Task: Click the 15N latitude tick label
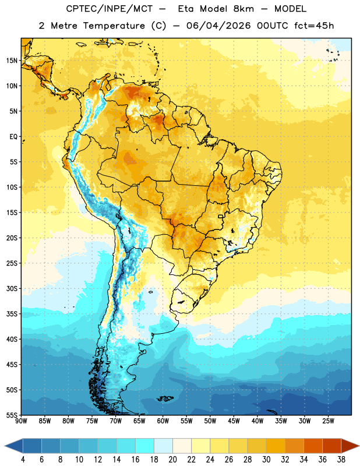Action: point(12,61)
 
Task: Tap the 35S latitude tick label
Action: point(12,314)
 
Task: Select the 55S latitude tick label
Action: point(12,415)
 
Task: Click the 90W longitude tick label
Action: point(21,421)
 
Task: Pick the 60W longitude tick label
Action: point(163,421)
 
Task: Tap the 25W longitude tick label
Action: point(328,421)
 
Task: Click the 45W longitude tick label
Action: point(234,421)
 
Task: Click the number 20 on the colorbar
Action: point(172,460)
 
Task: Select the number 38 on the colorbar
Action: point(341,460)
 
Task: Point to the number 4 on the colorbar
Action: point(23,460)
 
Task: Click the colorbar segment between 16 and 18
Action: point(145,446)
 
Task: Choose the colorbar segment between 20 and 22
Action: point(182,446)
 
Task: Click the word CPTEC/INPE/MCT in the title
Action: point(110,9)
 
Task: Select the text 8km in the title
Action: point(243,9)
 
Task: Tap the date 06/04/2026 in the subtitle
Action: point(218,26)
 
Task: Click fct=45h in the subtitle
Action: point(314,26)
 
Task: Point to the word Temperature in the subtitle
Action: point(114,26)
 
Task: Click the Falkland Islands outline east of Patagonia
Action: point(165,398)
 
